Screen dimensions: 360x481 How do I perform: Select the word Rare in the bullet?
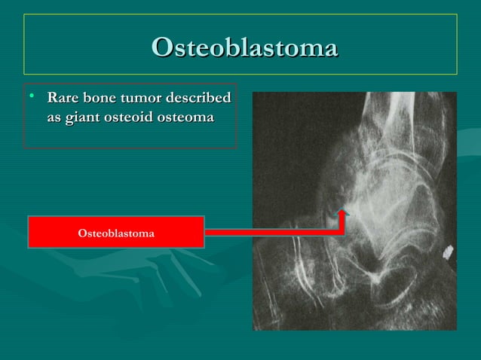[63, 99]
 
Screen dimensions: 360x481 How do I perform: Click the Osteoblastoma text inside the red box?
[116, 233]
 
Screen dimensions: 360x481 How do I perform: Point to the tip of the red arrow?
[343, 211]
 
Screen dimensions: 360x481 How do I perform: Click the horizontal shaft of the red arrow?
[271, 232]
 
